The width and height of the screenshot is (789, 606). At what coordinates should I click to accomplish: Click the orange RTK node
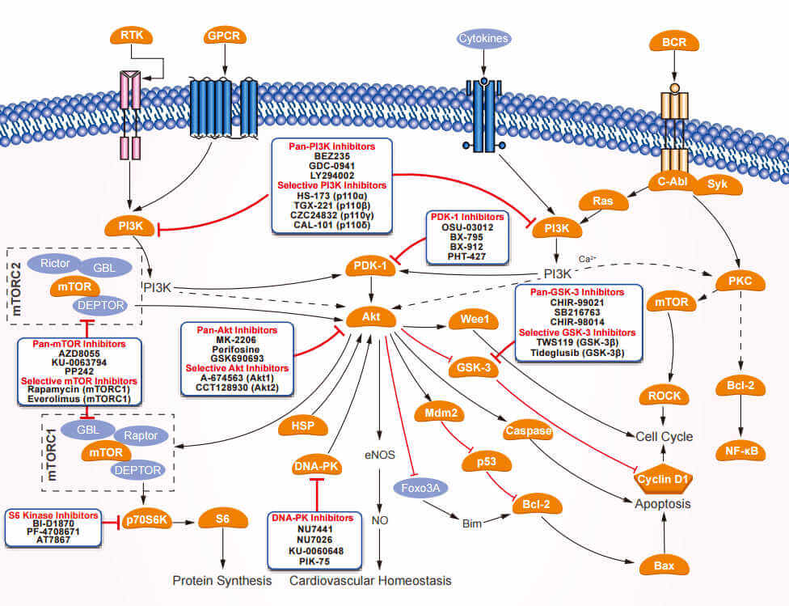coord(131,36)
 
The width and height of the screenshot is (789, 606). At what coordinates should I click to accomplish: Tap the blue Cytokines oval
coord(483,37)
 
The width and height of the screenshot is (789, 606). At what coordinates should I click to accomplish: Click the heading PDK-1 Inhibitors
coord(466,217)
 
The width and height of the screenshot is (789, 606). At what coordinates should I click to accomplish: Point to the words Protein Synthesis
coord(222,580)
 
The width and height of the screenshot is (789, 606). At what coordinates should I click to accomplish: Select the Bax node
coord(665,566)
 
